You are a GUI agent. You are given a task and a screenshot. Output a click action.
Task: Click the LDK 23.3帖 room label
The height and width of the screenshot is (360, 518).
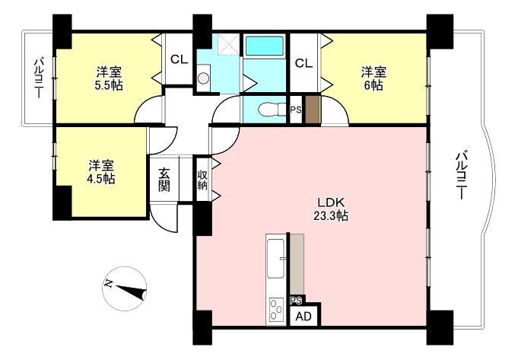(331, 209)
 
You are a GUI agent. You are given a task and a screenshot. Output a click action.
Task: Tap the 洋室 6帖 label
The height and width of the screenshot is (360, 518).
(373, 78)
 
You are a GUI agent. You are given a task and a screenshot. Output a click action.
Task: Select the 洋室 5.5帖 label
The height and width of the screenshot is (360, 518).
(109, 78)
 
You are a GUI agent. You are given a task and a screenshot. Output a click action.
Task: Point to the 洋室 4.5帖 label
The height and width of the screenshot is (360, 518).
(101, 172)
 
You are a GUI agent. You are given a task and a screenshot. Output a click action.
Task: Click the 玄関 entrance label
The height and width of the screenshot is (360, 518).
(164, 180)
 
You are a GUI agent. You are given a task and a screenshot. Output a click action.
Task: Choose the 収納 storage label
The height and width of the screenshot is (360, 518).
(202, 180)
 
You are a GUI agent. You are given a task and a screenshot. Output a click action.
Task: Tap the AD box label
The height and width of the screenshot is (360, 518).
(303, 317)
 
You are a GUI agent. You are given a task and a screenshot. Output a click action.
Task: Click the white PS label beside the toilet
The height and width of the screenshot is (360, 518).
(296, 110)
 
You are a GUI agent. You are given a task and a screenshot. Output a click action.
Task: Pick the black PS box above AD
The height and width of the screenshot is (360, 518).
(297, 300)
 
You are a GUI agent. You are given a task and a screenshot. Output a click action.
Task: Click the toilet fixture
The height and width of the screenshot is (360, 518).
(272, 110)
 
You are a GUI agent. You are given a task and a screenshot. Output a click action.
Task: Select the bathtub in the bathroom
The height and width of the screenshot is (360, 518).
(265, 46)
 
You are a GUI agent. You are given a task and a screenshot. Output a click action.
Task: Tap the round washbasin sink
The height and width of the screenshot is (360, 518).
(204, 78)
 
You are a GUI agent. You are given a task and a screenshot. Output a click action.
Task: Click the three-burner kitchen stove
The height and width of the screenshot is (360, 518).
(276, 310)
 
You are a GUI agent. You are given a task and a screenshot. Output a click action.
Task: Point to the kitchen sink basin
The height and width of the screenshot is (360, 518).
(275, 259)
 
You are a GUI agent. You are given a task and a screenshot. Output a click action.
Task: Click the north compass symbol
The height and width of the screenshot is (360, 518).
(125, 288)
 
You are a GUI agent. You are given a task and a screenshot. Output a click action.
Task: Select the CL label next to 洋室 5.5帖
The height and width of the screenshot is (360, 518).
(179, 59)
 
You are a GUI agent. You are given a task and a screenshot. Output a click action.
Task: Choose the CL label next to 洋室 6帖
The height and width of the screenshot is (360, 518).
(304, 63)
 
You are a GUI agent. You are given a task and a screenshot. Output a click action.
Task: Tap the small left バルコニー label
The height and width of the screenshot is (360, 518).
(40, 78)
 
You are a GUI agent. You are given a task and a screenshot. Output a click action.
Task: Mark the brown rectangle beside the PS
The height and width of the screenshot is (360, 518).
(313, 110)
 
